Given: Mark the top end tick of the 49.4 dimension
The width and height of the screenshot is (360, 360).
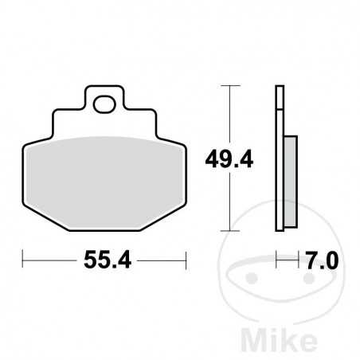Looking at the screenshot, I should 230,85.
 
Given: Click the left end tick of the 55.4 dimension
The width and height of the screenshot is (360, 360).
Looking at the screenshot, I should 23,259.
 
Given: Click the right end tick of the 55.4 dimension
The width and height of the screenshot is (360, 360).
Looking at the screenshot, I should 186,259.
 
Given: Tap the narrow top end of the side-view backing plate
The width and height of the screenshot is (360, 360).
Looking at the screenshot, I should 280,88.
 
